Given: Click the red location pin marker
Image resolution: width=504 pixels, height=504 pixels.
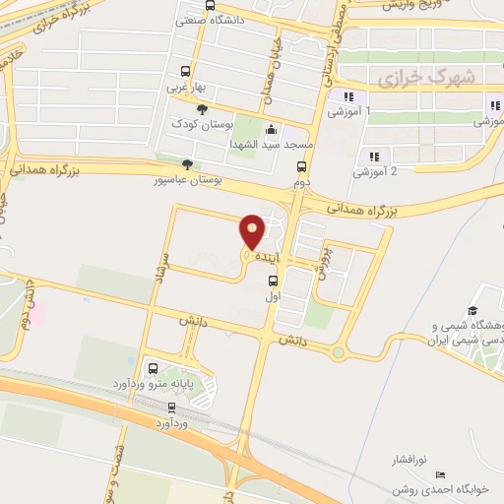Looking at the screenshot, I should [253, 230].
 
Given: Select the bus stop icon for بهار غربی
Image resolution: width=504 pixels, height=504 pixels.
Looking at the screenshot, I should [185, 71].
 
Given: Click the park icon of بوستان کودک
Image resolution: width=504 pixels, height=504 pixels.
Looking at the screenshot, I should [203, 110].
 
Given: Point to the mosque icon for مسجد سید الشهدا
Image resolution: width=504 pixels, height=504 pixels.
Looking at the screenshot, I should [272, 129].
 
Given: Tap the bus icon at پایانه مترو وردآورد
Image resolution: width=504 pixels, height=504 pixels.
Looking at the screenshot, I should [152, 368].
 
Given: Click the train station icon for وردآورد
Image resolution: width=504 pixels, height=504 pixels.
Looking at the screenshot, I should [172, 407].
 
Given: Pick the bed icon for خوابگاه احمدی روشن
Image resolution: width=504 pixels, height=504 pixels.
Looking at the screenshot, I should [440, 475].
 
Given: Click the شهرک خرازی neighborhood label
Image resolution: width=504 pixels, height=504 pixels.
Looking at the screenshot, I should [425, 76].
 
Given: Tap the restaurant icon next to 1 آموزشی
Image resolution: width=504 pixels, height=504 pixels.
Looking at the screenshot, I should [347, 96].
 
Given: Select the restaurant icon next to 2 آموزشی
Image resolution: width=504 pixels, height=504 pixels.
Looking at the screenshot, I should [374, 156].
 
